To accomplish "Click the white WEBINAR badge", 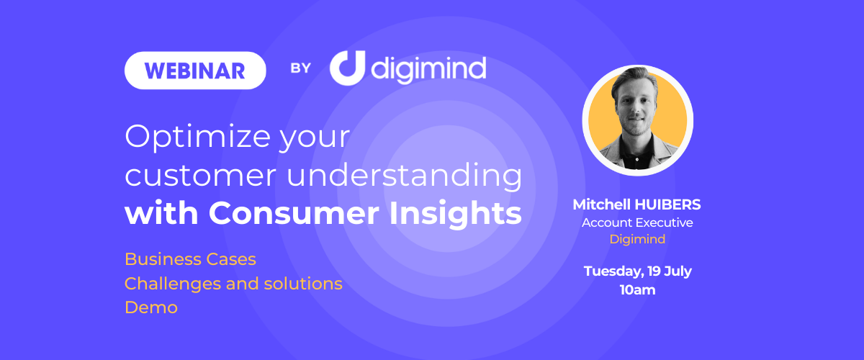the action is [195, 71].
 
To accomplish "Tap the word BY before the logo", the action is [300, 68].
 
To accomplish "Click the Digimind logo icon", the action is [347, 68].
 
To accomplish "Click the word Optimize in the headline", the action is [198, 138].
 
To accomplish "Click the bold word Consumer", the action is [294, 213].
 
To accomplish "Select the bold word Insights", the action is [456, 213].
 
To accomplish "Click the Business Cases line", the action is [190, 259].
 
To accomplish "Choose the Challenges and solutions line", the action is [233, 284].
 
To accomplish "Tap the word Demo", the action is [151, 307].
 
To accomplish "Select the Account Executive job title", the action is [637, 222].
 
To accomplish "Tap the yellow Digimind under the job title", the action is [637, 239].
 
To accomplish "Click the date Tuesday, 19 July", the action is [638, 271].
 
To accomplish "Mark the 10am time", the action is [638, 290].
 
